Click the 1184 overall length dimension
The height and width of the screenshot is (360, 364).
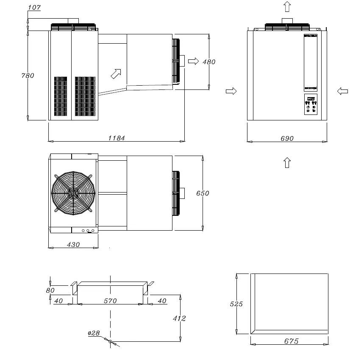point(117,138)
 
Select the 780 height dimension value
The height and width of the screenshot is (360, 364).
point(28,75)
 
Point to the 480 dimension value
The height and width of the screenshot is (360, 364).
point(209,62)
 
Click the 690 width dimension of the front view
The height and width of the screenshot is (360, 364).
point(287,138)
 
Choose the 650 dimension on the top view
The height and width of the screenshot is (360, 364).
point(203,193)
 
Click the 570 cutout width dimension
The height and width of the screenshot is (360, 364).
point(110,301)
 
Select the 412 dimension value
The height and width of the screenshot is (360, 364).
point(180,318)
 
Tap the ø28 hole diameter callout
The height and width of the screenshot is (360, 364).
point(94,333)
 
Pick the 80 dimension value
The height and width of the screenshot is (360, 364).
point(50,290)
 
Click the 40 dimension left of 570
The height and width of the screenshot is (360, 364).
point(58,301)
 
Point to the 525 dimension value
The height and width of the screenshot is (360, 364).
point(236,304)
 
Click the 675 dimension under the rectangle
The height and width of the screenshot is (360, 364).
point(292,341)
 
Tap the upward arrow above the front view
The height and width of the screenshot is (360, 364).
point(287,6)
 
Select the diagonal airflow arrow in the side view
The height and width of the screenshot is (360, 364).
point(116,73)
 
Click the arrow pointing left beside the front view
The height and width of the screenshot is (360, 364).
point(343,91)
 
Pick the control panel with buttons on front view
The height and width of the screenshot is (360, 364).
point(311,105)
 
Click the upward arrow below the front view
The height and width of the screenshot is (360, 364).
point(287,162)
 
